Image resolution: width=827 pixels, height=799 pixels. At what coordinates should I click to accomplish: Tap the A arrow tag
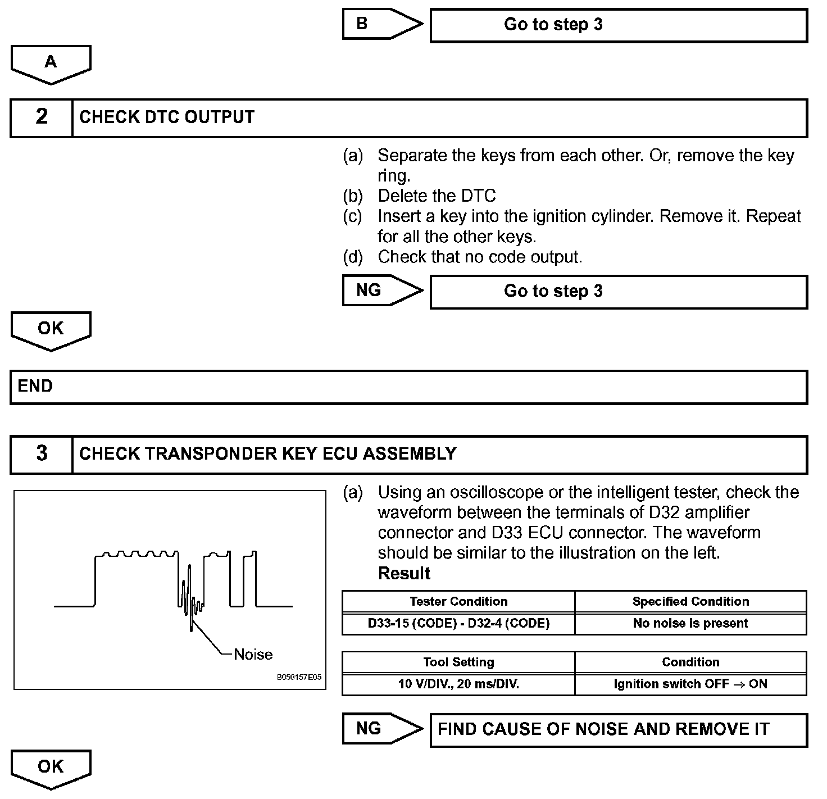[51, 62]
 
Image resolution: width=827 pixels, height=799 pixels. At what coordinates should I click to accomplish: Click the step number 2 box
[42, 117]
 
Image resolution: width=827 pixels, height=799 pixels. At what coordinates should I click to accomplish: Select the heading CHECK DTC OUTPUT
[167, 117]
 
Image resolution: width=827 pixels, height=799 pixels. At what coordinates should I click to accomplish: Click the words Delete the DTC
[437, 196]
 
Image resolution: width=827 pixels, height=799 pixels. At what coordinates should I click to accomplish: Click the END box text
[35, 386]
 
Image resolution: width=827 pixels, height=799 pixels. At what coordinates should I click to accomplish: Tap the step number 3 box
[42, 453]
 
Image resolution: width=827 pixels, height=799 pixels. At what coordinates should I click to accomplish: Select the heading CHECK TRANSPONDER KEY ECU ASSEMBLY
[267, 453]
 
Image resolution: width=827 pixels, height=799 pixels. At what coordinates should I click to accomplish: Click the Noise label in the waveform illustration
[253, 654]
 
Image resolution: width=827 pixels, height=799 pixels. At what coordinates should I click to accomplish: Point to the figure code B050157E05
[299, 678]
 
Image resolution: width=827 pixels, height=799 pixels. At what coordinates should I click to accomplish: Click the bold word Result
[404, 574]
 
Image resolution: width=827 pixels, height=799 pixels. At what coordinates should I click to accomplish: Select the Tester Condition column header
[458, 601]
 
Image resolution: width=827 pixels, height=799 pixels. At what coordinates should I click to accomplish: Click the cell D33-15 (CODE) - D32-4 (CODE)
[458, 623]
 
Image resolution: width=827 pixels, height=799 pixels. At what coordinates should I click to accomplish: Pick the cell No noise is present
[690, 623]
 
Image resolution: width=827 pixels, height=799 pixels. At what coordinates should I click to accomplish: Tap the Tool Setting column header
[458, 662]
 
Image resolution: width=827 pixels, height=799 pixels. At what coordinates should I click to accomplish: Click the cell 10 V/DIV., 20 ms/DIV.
[458, 684]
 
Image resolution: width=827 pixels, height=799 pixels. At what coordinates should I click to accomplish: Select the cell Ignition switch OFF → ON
[690, 684]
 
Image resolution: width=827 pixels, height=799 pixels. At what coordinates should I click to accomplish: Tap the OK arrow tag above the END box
[51, 329]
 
